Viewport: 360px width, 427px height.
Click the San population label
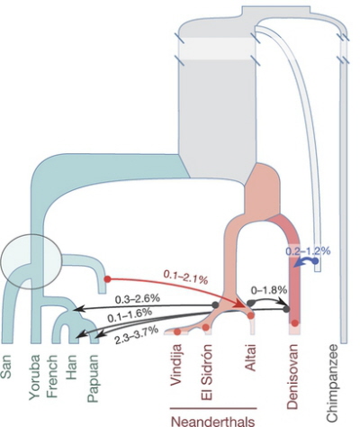6,366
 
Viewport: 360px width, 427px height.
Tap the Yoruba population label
34,377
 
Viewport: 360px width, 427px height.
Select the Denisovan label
292,377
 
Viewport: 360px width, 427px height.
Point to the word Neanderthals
213,421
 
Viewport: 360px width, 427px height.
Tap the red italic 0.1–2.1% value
185,277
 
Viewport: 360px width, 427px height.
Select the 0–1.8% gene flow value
269,290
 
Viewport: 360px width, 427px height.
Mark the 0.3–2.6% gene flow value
138,299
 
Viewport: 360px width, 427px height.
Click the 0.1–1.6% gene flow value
130,316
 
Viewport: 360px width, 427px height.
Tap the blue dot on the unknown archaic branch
315,261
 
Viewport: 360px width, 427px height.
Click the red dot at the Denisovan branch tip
295,323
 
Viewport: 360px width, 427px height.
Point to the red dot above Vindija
177,332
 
